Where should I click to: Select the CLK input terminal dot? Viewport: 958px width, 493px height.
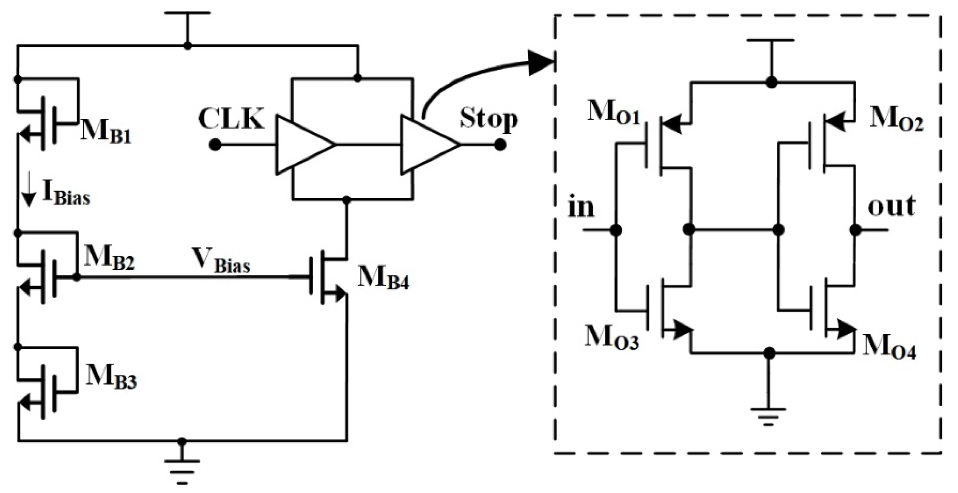tap(215, 145)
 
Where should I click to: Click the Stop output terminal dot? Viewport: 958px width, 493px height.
tap(500, 145)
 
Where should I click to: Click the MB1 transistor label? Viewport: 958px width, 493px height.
tap(106, 132)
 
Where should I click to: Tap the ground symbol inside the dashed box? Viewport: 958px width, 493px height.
tap(768, 416)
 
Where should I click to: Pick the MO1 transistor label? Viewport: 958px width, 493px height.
tap(614, 113)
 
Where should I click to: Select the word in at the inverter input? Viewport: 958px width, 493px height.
tap(581, 208)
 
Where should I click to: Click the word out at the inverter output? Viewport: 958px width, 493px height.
tap(891, 206)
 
